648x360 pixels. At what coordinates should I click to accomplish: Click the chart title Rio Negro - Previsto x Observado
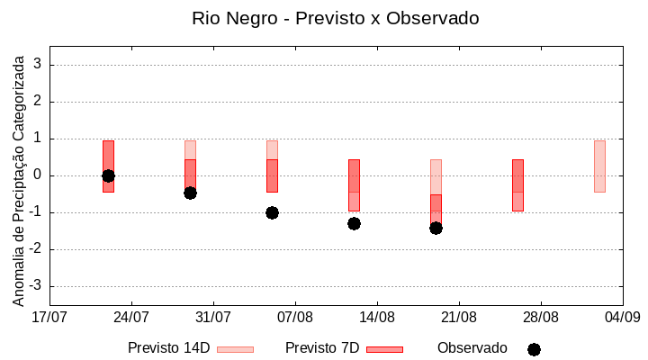[335, 18]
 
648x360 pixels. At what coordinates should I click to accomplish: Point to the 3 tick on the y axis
[38, 65]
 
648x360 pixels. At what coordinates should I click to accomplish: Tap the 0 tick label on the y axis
[38, 175]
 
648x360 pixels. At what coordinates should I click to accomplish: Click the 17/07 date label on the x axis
[49, 317]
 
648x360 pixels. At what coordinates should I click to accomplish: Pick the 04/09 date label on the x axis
[622, 317]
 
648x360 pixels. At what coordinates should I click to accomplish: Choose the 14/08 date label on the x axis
[377, 317]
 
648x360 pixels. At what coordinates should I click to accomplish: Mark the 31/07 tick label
[213, 317]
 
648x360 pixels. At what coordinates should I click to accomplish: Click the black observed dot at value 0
[108, 175]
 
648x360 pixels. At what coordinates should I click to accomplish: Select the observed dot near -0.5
[190, 193]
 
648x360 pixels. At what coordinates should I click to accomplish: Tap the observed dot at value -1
[272, 212]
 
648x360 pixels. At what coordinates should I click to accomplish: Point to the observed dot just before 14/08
[354, 223]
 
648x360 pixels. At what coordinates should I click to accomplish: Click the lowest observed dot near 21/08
[436, 228]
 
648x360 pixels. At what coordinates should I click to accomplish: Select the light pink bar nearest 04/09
[599, 166]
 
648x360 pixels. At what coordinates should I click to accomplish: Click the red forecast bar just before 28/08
[517, 184]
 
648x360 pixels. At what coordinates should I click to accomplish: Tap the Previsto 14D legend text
[168, 348]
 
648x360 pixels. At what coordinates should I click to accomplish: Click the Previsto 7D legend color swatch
[384, 349]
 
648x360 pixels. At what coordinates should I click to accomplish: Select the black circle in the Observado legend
[534, 349]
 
